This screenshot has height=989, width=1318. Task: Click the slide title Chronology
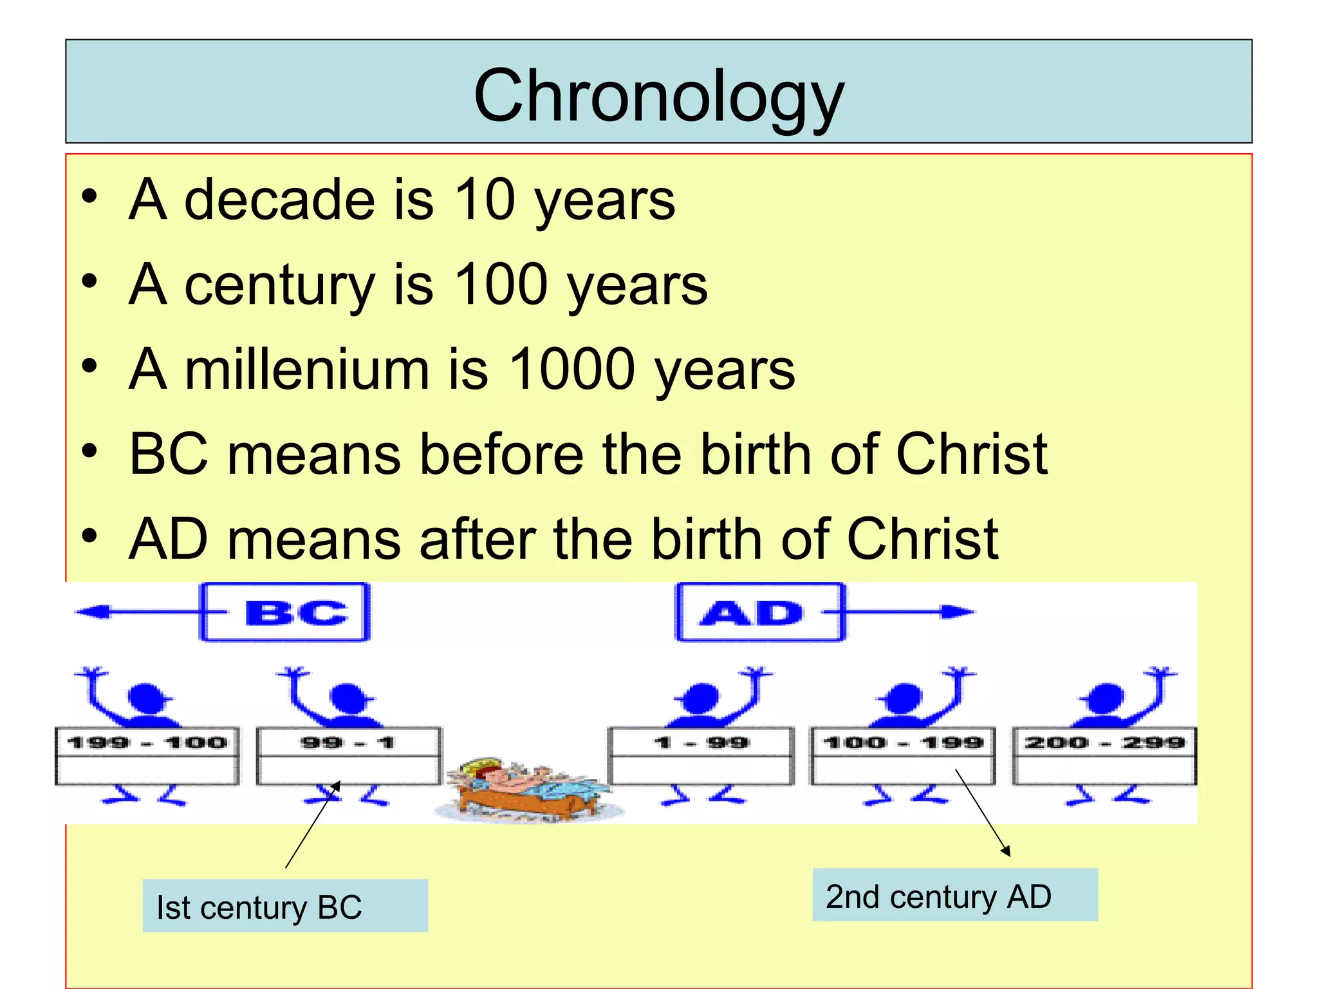(658, 97)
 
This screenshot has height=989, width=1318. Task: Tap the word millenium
(307, 370)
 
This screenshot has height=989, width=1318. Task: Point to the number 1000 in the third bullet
(572, 370)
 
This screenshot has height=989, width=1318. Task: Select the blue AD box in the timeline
(759, 612)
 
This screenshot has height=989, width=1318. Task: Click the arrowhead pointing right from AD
(959, 612)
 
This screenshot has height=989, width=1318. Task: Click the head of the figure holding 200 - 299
(1106, 697)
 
